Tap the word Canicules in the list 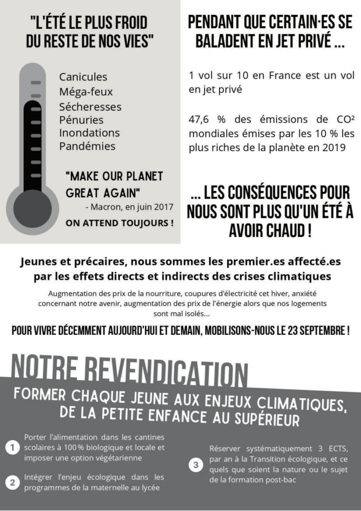pyautogui.click(x=83, y=77)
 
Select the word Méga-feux pyautogui.click(x=86, y=92)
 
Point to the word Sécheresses pyautogui.click(x=90, y=107)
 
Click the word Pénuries pyautogui.click(x=81, y=120)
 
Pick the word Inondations pyautogui.click(x=89, y=133)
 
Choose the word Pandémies pyautogui.click(x=87, y=146)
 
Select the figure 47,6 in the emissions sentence pyautogui.click(x=200, y=120)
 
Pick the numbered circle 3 pyautogui.click(x=196, y=465)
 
